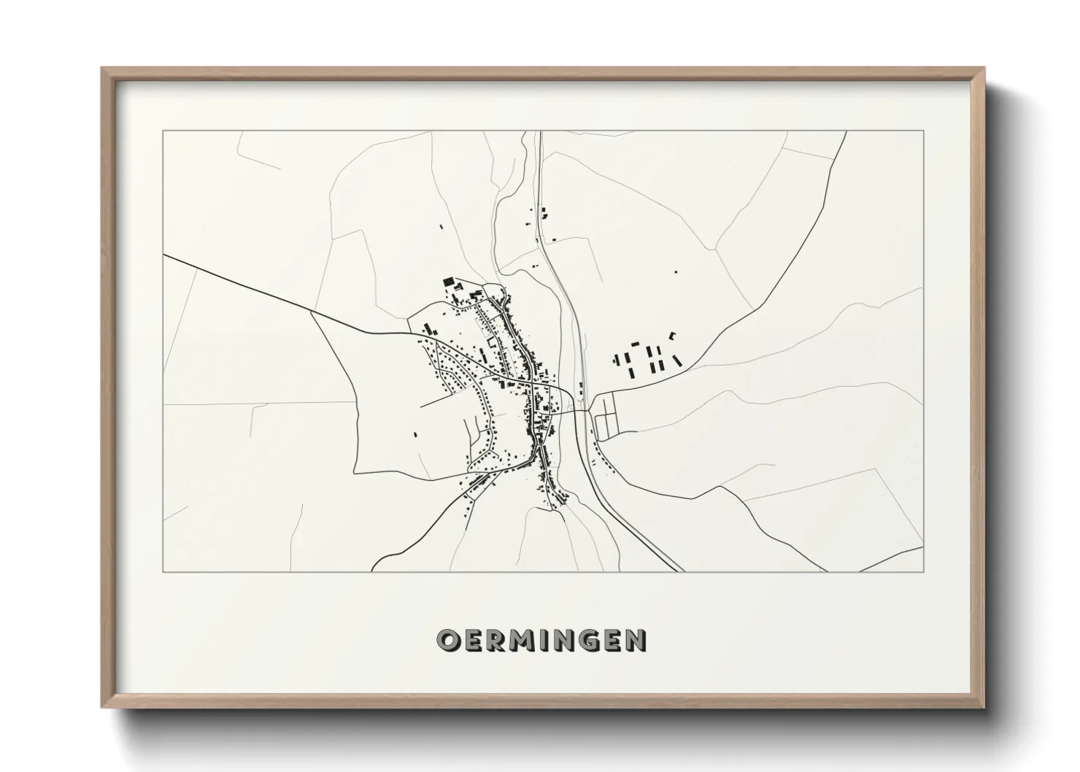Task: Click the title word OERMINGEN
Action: click(540, 640)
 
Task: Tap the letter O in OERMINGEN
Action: click(447, 640)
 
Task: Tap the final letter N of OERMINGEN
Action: click(636, 640)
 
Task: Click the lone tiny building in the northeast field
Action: click(676, 271)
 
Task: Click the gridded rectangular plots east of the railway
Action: click(606, 417)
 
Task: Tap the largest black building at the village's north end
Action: click(448, 282)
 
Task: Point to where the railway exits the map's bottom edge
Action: click(680, 570)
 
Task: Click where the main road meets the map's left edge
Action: click(164, 255)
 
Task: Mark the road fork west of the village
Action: click(312, 312)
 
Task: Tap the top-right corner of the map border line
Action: click(923, 131)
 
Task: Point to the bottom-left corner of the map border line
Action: click(163, 571)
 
